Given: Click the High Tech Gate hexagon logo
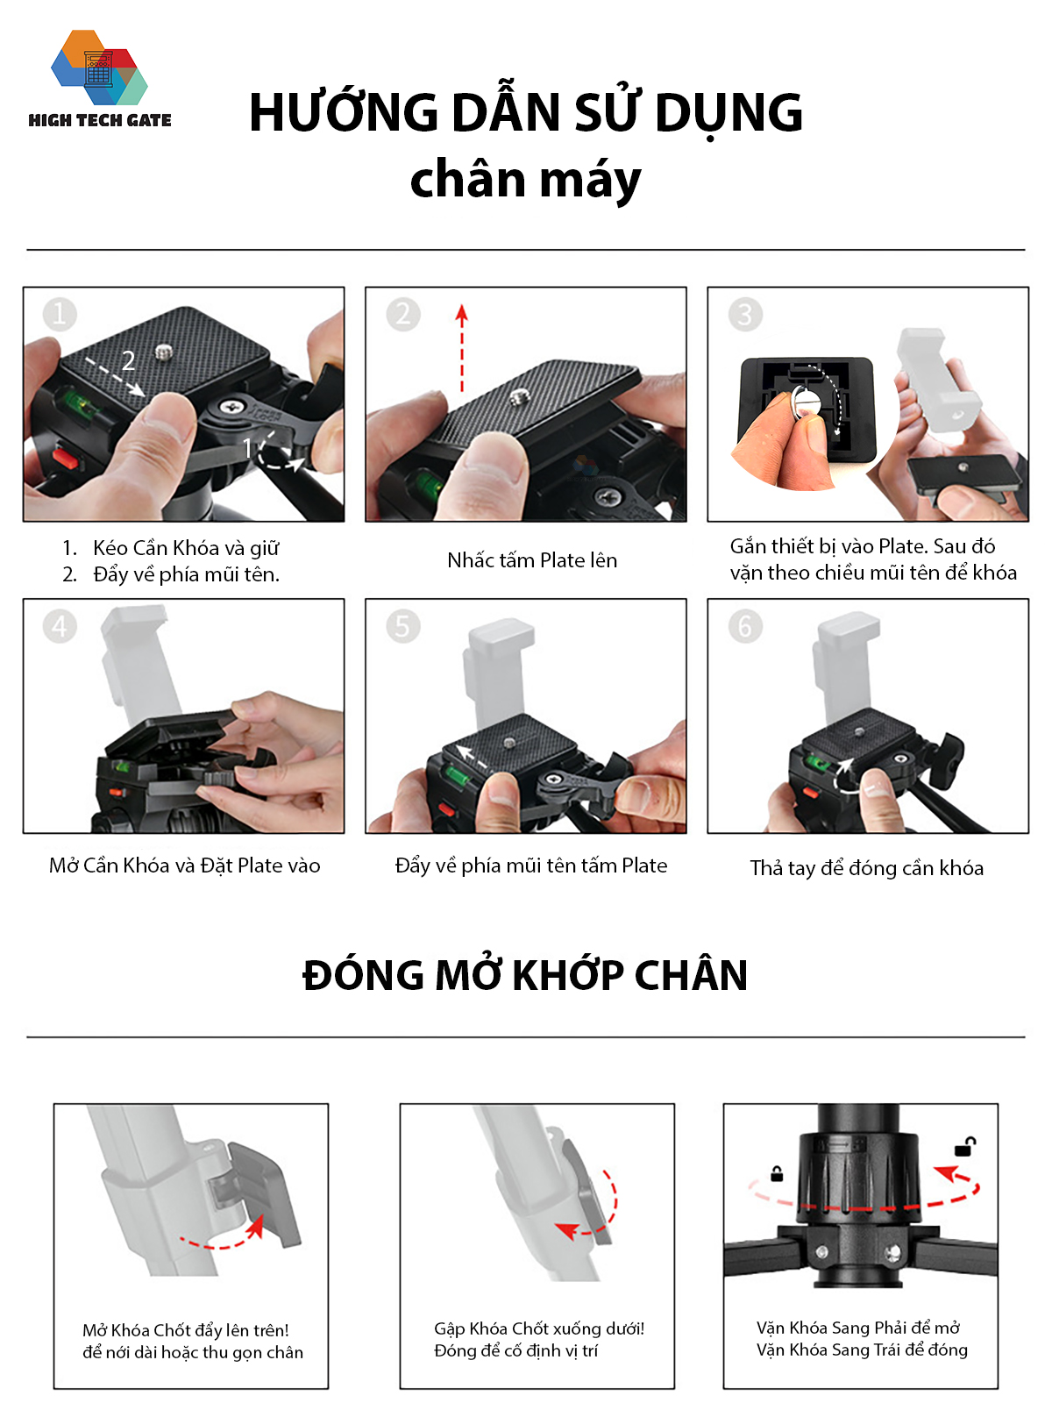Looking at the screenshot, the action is tap(99, 68).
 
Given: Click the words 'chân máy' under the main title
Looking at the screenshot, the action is tap(525, 180).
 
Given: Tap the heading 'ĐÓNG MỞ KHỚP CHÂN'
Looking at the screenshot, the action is tap(525, 975).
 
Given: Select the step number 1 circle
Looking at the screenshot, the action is tap(60, 314).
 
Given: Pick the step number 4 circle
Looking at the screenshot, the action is tap(60, 626).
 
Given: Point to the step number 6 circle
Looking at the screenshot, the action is tap(745, 626).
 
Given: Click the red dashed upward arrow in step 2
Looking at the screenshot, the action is tap(462, 348).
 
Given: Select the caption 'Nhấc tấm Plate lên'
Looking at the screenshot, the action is tap(532, 560).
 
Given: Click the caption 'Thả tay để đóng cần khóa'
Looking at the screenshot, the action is tap(867, 868).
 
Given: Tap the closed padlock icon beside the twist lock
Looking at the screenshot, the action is tap(777, 1173).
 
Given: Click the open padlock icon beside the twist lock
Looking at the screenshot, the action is tap(965, 1147).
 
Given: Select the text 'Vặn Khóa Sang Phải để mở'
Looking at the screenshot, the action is tap(858, 1328).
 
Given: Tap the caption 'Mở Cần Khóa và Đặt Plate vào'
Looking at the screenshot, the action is tap(185, 865).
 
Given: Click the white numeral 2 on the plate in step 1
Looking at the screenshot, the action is tap(128, 361).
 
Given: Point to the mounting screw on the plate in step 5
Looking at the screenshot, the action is tap(509, 743).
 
